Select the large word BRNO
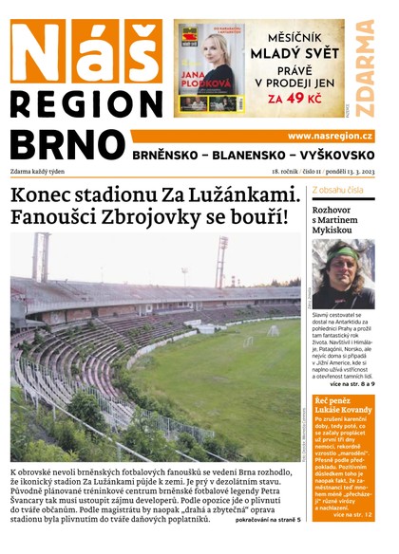pyautogui.click(x=67, y=143)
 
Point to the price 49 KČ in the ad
pyautogui.click(x=301, y=97)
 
